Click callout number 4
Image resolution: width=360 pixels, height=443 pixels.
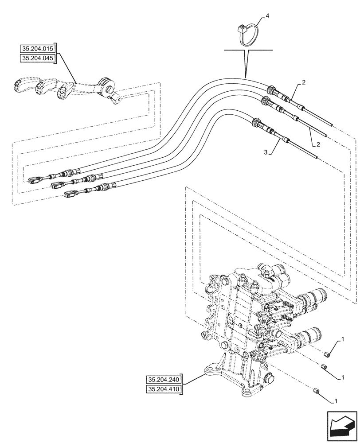coord(267,16)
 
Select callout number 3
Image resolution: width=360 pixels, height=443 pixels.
coord(265,152)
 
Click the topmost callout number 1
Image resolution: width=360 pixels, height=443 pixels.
coord(342,339)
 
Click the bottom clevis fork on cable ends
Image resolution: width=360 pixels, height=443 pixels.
coord(70,193)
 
